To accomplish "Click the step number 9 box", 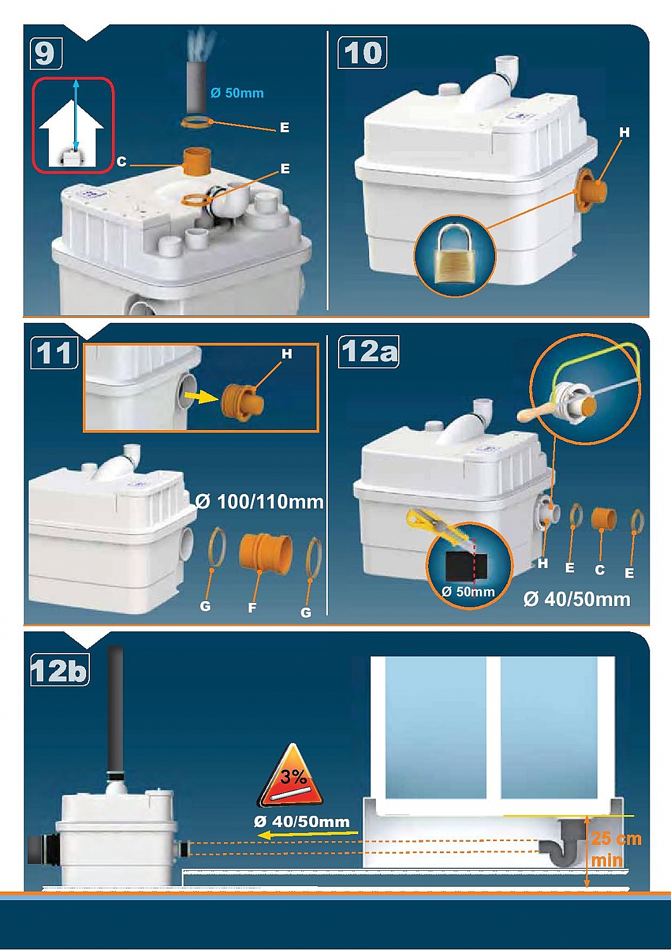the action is click(46, 53).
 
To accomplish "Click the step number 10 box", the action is click(363, 53).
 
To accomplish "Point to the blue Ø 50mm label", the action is click(237, 93).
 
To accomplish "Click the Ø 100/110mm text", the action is click(260, 502).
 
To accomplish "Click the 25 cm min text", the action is click(616, 849).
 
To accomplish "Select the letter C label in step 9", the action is click(122, 162).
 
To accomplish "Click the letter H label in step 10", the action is click(624, 133).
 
